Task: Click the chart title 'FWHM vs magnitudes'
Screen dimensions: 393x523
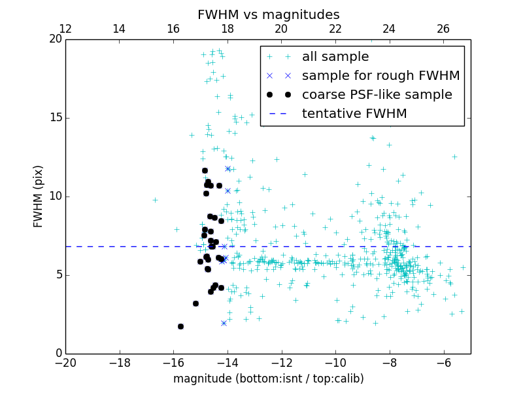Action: click(x=268, y=14)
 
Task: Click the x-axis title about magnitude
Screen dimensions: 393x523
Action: click(x=268, y=379)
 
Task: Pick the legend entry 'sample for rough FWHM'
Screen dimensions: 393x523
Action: click(x=380, y=75)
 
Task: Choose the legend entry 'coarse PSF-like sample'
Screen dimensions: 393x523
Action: click(x=377, y=94)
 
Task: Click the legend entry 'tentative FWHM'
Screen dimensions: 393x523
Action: click(x=354, y=113)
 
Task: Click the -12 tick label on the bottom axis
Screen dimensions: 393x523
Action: click(x=282, y=363)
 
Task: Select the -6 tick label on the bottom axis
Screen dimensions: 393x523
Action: click(x=444, y=363)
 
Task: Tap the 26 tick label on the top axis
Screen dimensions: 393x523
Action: click(x=443, y=29)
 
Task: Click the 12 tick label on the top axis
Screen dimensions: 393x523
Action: click(x=65, y=29)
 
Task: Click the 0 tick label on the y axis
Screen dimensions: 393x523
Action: click(x=58, y=354)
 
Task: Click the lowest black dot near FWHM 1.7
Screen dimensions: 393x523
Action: click(x=180, y=326)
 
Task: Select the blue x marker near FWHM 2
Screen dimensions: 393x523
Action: click(x=224, y=323)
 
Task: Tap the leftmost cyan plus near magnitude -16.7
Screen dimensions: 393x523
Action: click(x=155, y=200)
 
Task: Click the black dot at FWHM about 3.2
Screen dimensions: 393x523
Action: click(x=195, y=303)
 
